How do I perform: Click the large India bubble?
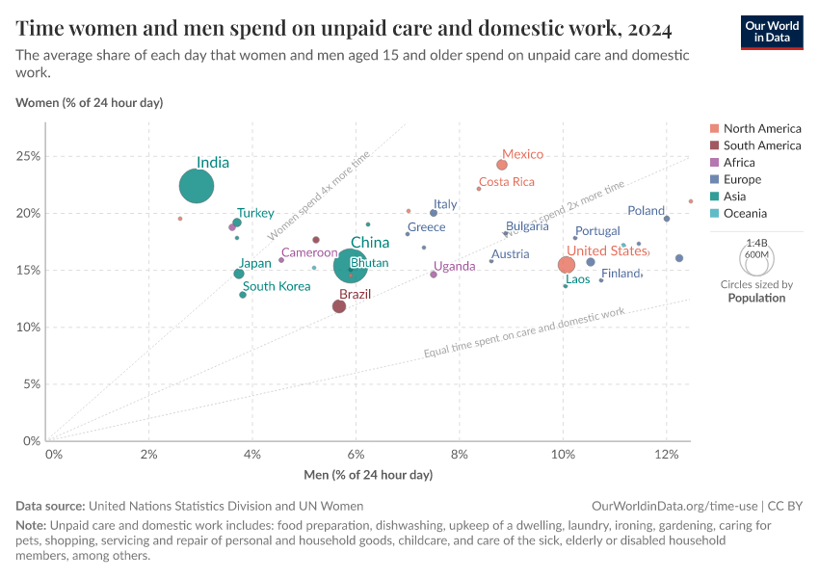point(197,186)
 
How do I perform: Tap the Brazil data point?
point(339,306)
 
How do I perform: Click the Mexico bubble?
point(502,165)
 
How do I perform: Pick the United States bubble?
point(567,265)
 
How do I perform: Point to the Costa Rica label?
point(506,182)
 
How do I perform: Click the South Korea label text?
point(277,286)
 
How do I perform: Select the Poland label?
point(646,211)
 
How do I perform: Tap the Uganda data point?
point(434,275)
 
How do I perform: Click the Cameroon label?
point(309,252)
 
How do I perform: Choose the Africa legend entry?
point(739,163)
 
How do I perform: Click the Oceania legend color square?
point(713,213)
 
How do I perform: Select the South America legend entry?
point(761,145)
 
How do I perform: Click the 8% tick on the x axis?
point(460,454)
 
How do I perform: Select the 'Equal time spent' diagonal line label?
point(524,333)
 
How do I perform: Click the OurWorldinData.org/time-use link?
point(674,505)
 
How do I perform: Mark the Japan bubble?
point(239,274)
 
